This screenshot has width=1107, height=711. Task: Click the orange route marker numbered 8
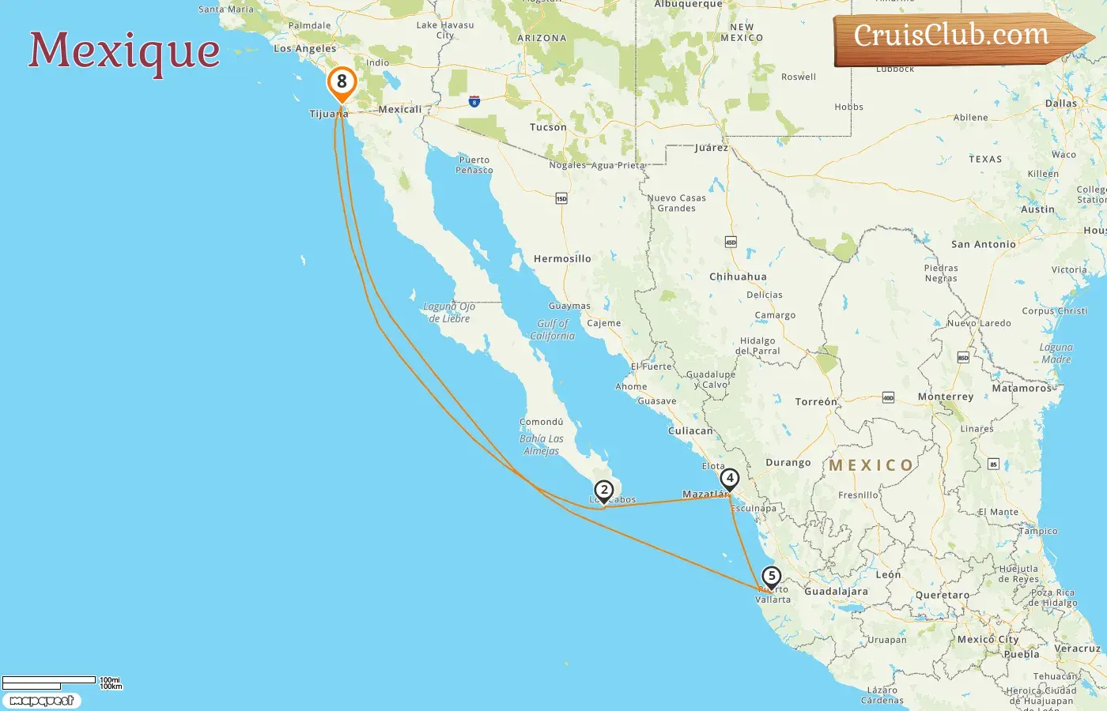[342, 82]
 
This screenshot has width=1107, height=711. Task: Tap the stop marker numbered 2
[604, 491]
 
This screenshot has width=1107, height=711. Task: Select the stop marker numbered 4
[730, 479]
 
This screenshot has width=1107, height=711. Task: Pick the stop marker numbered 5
[772, 577]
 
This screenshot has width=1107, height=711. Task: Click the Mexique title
[124, 51]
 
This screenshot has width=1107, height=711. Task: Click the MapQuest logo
[41, 701]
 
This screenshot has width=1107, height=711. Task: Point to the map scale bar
[49, 681]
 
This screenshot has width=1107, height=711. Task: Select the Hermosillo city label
[562, 258]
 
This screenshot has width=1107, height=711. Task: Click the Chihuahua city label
[738, 276]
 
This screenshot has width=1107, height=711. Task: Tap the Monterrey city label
[946, 397]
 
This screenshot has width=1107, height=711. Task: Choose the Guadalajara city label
[836, 591]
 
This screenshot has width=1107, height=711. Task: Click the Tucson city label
[548, 127]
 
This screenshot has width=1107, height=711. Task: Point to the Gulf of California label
[553, 329]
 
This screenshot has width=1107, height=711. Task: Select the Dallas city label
[1060, 103]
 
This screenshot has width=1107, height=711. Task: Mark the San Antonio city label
[984, 244]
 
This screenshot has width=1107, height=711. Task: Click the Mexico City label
[988, 639]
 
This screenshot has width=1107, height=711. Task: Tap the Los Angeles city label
[304, 48]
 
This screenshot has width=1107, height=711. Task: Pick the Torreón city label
[816, 401]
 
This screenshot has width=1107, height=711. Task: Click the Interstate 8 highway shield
[474, 101]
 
